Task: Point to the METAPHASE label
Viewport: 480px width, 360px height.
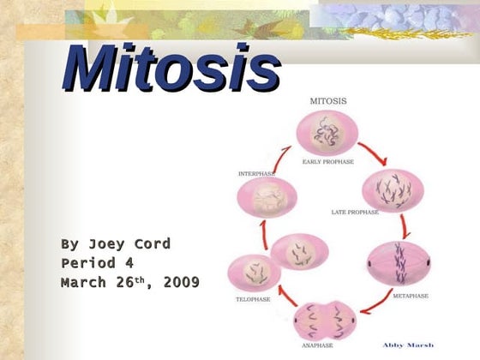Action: [x=411, y=296]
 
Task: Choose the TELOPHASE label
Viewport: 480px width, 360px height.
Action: [x=253, y=300]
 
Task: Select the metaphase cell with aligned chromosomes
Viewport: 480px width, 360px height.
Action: [x=395, y=261]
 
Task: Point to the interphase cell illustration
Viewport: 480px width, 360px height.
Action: [x=266, y=197]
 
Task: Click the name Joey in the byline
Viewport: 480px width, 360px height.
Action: [x=108, y=243]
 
